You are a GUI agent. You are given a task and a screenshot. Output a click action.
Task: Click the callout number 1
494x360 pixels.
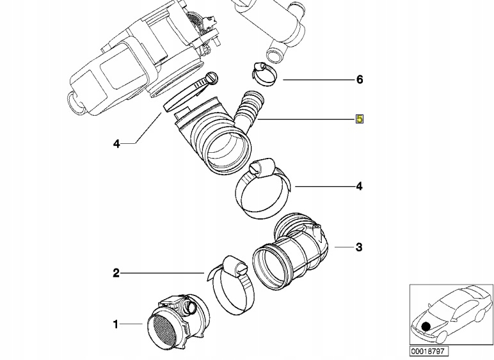(x=116, y=325)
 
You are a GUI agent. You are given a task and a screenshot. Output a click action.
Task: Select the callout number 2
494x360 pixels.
(x=116, y=274)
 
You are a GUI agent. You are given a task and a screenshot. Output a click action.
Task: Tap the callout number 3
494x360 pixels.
(x=359, y=247)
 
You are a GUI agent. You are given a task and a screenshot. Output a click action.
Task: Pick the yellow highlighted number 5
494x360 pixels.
(x=360, y=119)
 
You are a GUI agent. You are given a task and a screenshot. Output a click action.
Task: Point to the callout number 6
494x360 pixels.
(x=360, y=80)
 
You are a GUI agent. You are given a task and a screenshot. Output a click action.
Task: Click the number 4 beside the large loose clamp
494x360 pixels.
(x=360, y=186)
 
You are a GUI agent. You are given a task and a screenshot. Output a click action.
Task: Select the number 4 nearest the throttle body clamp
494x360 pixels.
(x=116, y=145)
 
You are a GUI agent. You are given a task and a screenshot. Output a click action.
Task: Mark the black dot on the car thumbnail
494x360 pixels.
(x=426, y=327)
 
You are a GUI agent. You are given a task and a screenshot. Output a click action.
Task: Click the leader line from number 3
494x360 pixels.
(x=342, y=247)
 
